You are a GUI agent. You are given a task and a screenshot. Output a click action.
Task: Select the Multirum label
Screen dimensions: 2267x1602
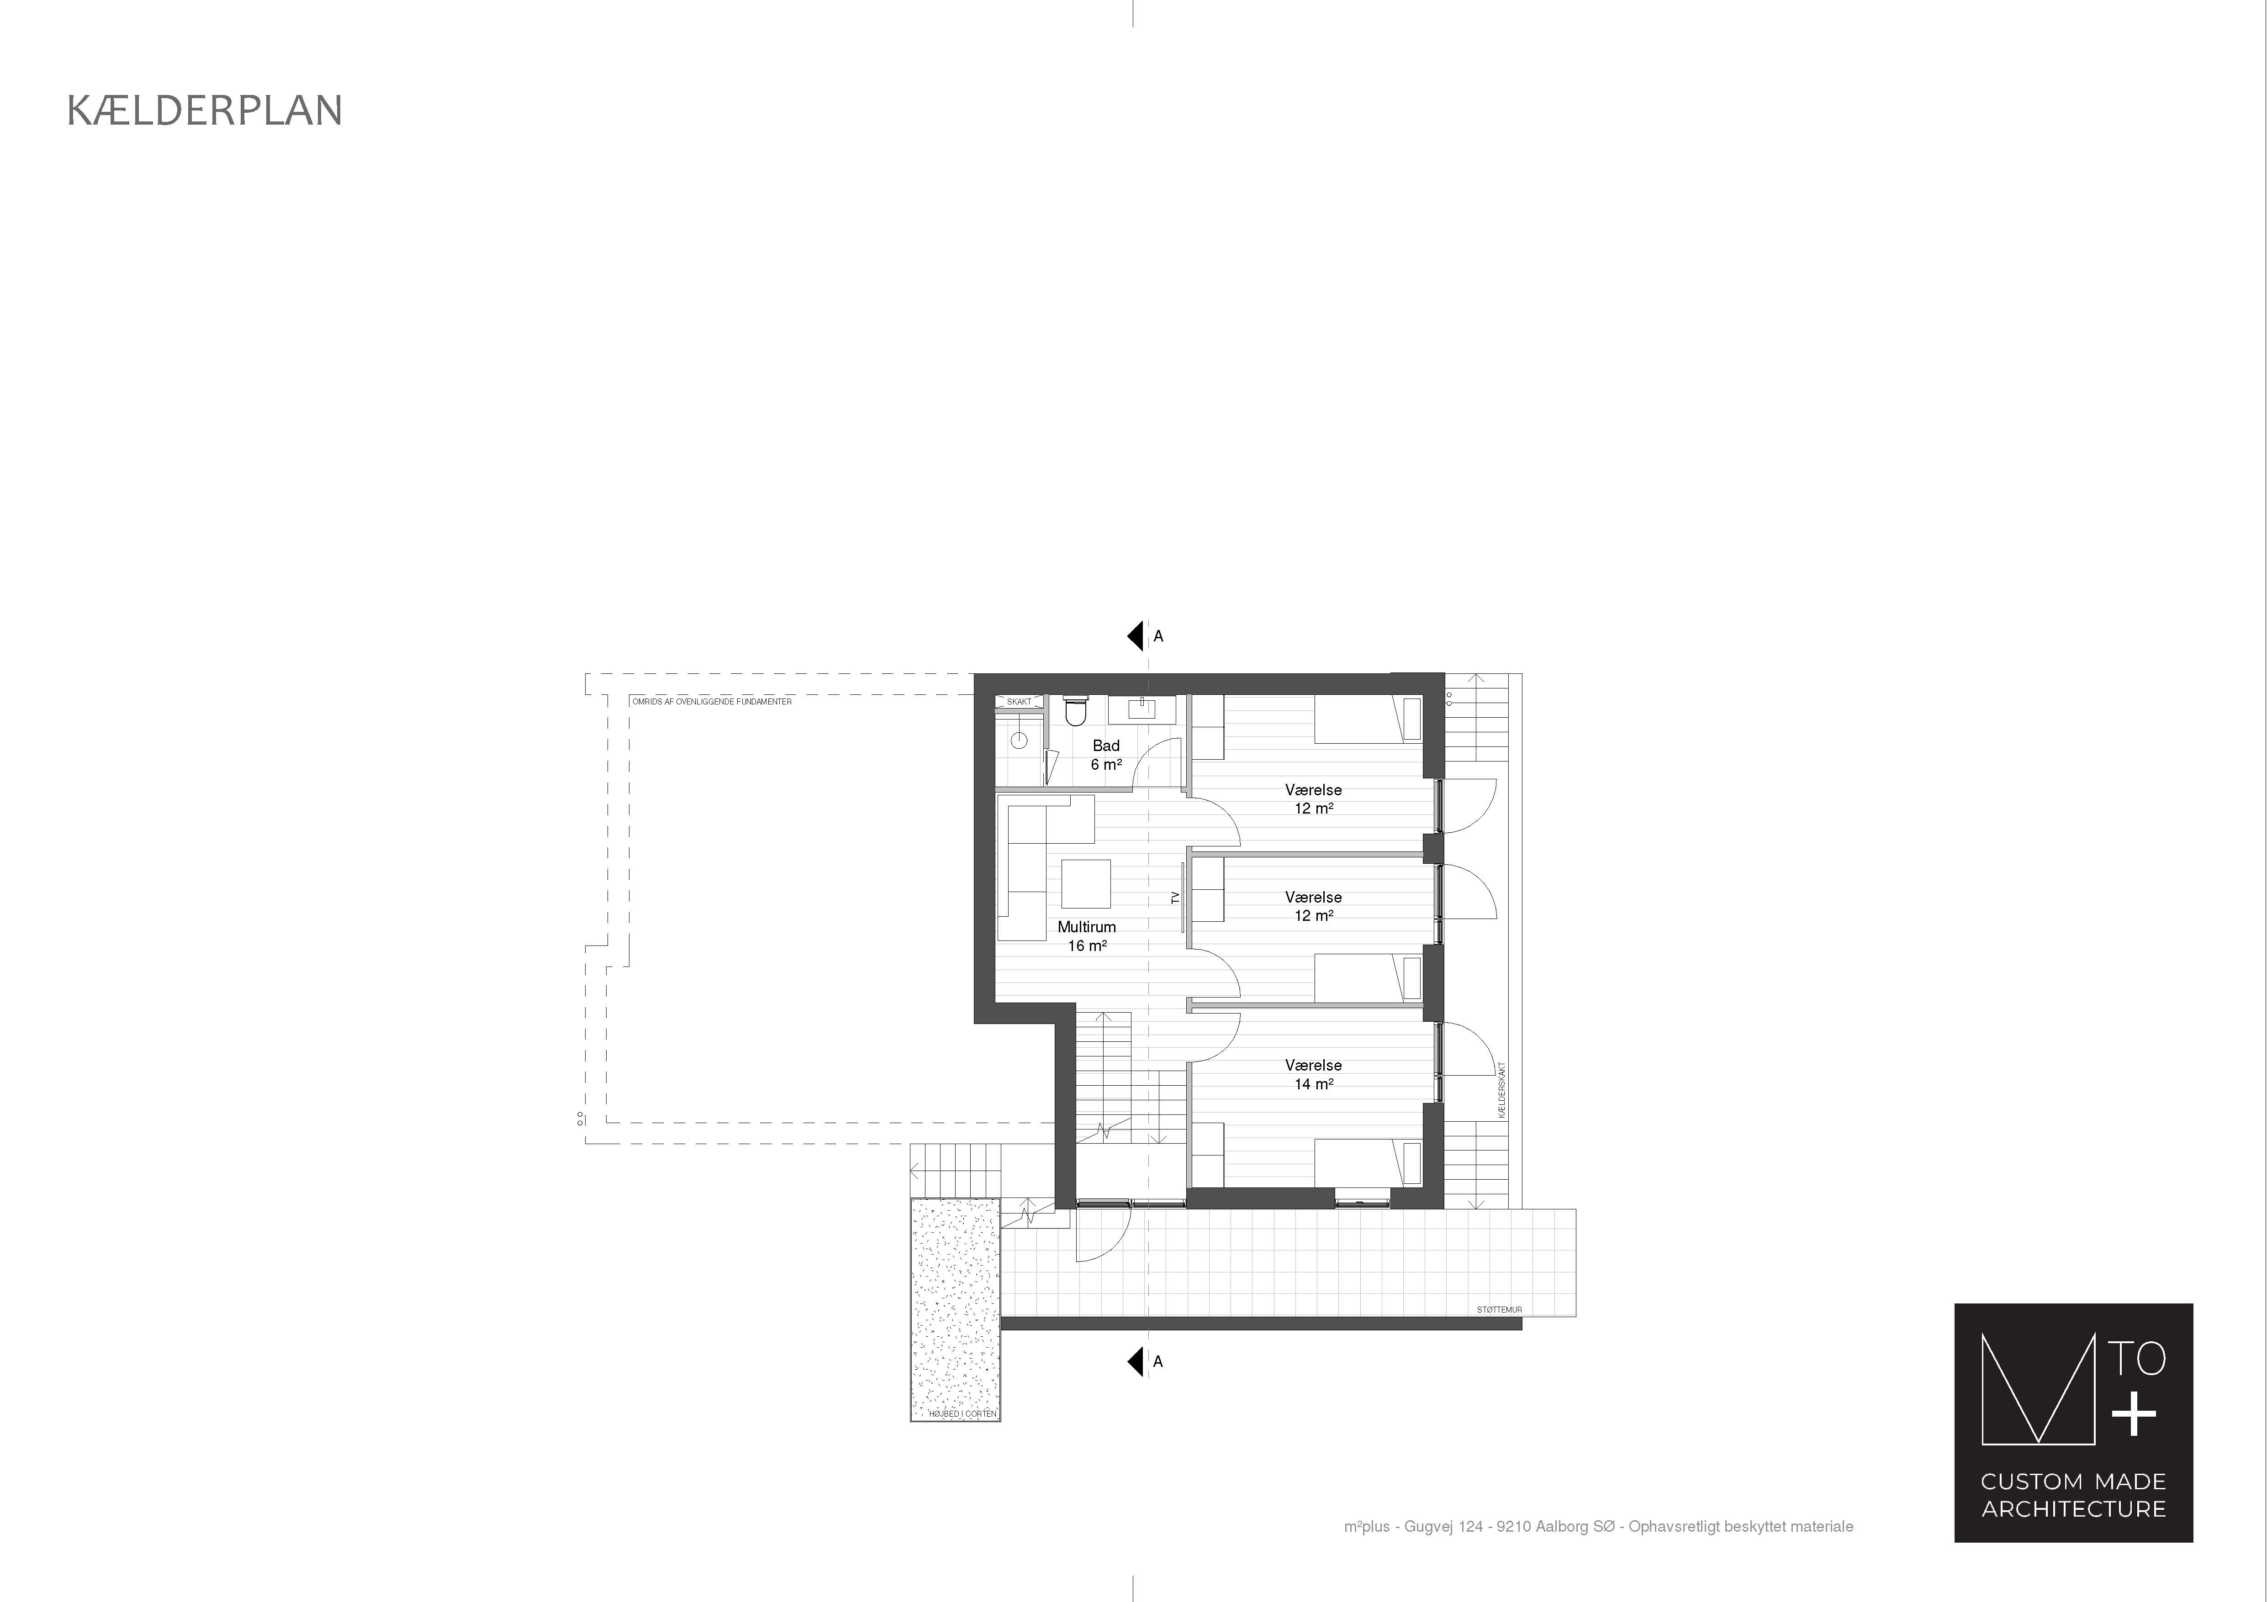1086,927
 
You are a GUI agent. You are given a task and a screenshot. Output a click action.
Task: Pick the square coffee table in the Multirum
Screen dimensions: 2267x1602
1086,883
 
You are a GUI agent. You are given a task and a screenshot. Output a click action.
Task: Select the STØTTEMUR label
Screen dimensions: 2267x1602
1500,1310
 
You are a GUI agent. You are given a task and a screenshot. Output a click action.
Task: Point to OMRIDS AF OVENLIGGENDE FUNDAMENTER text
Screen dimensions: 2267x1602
712,702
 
